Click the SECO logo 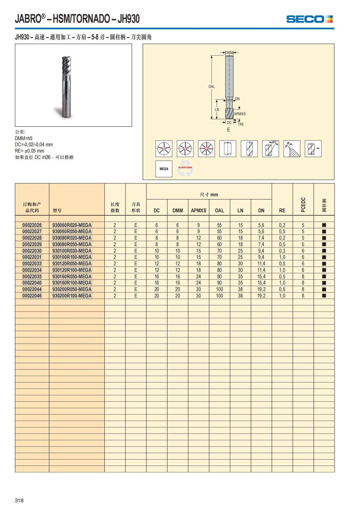coord(309,19)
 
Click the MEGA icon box coord(164,169)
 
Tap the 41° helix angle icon coord(270,148)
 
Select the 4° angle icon coord(292,148)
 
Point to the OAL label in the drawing coord(211,86)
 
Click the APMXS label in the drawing coord(239,114)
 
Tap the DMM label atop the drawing coord(229,53)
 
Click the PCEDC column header coord(303,205)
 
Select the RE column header coord(282,211)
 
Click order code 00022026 coord(32,225)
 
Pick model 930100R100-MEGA coord(72,257)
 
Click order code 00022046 coord(32,296)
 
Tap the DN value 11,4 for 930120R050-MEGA coord(261,264)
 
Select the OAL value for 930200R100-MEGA coord(219,296)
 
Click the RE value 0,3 coord(282,251)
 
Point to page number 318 coord(19,500)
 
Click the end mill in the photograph coord(66,87)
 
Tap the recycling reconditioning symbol coord(185,169)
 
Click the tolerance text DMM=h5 coord(24,138)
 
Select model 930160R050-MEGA coord(72,277)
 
